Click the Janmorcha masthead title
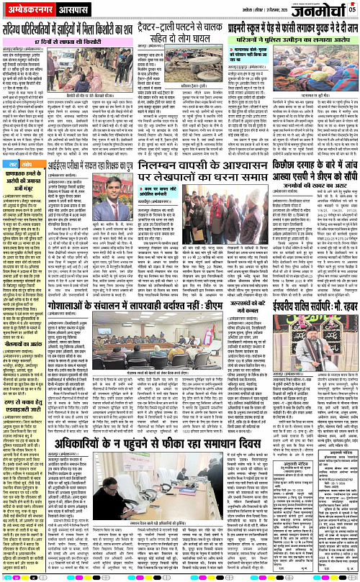319,11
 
